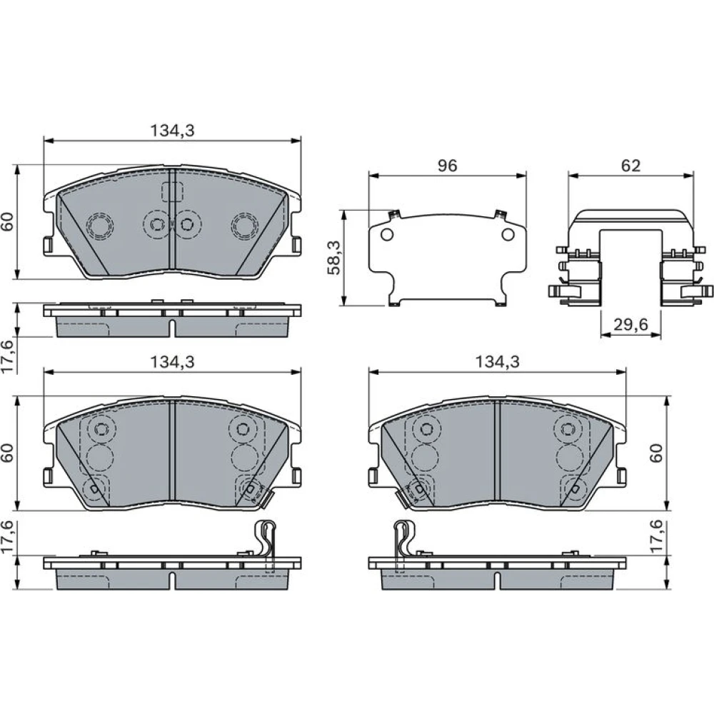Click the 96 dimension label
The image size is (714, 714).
point(447,166)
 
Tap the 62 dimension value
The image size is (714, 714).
point(630,166)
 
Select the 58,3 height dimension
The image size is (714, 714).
point(335,258)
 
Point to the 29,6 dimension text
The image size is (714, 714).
point(630,325)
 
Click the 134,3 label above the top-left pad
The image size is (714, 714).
point(172,131)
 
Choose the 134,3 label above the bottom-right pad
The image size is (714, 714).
point(497,362)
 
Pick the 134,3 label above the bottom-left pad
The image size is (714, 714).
point(172,362)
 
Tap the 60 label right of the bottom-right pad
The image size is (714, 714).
point(656,453)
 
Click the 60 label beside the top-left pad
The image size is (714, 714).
point(8,222)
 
